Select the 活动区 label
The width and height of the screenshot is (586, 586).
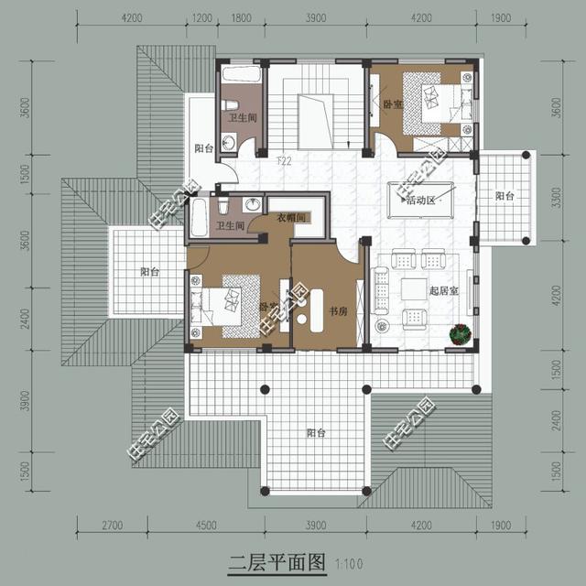(x=423, y=200)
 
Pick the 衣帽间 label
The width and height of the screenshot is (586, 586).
(x=290, y=217)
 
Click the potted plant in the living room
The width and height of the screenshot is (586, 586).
(x=459, y=334)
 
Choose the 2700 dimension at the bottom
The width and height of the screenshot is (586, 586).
(x=111, y=526)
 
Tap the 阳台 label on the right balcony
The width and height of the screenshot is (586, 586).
(x=505, y=196)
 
